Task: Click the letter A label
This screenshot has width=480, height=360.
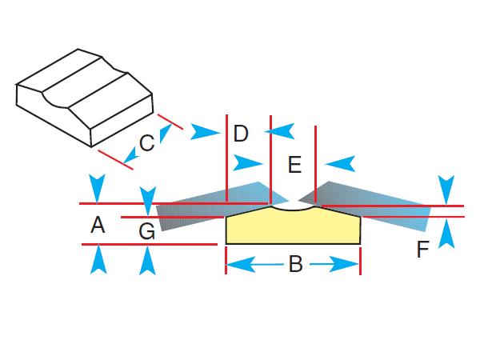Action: pos(98,226)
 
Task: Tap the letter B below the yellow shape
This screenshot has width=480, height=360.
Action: pos(294,264)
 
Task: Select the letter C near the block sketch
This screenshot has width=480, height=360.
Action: pos(146,143)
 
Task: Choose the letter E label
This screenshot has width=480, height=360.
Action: pos(294,166)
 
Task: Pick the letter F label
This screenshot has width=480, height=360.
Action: pos(423,250)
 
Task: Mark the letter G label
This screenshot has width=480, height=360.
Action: pos(146,232)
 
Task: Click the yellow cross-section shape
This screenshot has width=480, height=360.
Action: pos(293,228)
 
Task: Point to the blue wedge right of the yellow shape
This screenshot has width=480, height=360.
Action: pos(376,203)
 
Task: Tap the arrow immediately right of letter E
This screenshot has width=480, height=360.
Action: pos(341,163)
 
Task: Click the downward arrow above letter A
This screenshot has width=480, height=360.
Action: pos(98,188)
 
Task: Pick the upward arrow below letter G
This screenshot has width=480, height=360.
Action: pos(146,260)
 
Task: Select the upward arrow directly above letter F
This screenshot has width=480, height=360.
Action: pos(448,232)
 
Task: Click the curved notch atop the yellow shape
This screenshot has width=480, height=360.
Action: pos(291,206)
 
